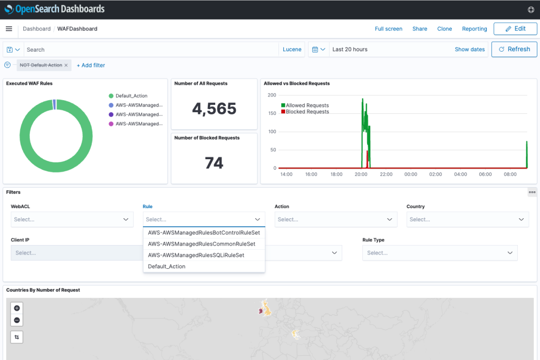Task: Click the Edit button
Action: pyautogui.click(x=515, y=28)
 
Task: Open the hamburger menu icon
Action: pyautogui.click(x=9, y=29)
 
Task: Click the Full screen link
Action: pyautogui.click(x=388, y=29)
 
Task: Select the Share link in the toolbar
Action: pyautogui.click(x=420, y=29)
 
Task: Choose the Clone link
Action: pyautogui.click(x=445, y=29)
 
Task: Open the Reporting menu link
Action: pyautogui.click(x=474, y=29)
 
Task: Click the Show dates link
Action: pyautogui.click(x=469, y=50)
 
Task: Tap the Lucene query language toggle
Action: pyautogui.click(x=292, y=50)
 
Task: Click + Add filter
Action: pyautogui.click(x=91, y=65)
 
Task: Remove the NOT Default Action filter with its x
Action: pyautogui.click(x=66, y=65)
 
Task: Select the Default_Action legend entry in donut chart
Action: pyautogui.click(x=131, y=96)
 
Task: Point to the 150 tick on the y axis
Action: pyautogui.click(x=272, y=113)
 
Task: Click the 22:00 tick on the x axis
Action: pyautogui.click(x=386, y=174)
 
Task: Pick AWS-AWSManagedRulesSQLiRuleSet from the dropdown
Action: pyautogui.click(x=196, y=255)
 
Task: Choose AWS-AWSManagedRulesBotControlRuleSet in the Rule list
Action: pyautogui.click(x=204, y=232)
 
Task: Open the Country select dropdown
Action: pyautogui.click(x=467, y=219)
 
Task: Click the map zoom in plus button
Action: pyautogui.click(x=17, y=308)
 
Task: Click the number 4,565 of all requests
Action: pyautogui.click(x=214, y=109)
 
